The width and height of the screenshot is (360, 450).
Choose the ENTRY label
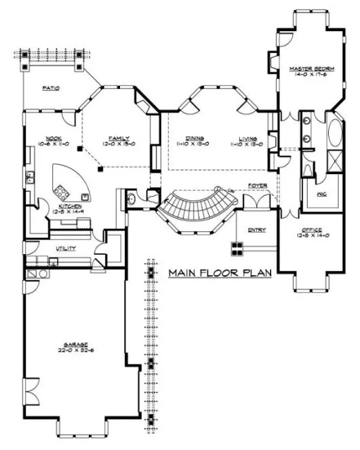(x=256, y=230)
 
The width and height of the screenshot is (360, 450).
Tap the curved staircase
(x=196, y=207)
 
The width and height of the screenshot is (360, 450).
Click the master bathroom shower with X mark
(x=335, y=161)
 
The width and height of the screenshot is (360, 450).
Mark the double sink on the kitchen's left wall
(x=30, y=179)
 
